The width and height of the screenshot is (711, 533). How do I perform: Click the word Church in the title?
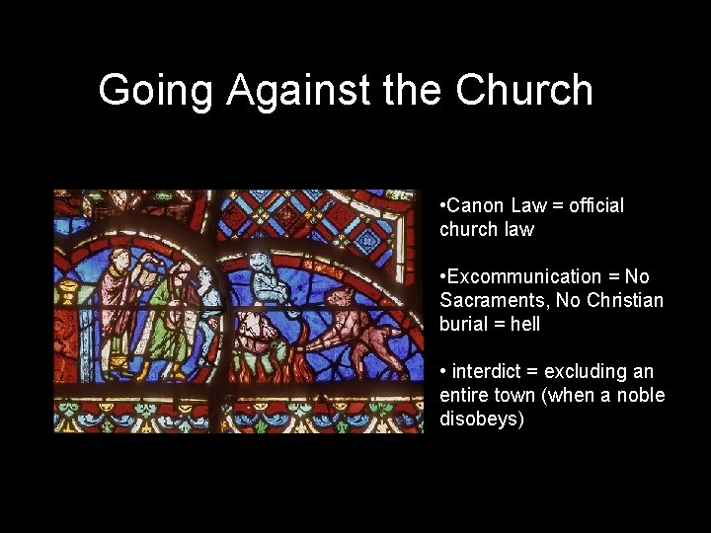pos(523,90)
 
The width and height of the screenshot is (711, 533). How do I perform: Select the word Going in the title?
pos(155,90)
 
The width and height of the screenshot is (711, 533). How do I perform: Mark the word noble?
pos(641,396)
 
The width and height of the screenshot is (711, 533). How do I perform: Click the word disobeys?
pos(482,419)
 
